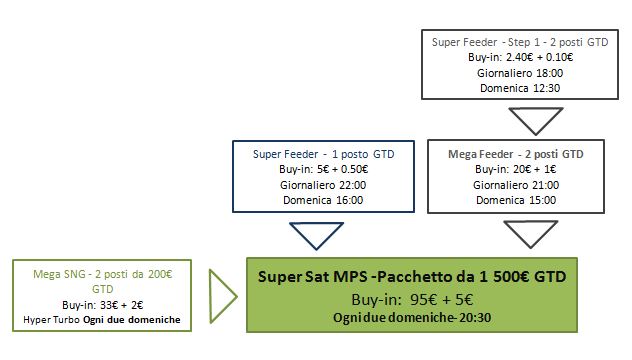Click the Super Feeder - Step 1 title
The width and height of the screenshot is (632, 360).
(x=520, y=42)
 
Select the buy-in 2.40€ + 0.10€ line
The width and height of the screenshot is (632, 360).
(x=520, y=57)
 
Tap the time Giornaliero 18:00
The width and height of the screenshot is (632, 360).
(x=520, y=73)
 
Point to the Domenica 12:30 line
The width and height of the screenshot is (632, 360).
(x=520, y=88)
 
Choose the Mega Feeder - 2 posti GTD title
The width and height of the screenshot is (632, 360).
(x=516, y=154)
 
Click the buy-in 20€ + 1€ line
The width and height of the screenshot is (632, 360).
(x=516, y=169)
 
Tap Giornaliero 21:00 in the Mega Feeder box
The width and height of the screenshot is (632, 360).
(x=516, y=185)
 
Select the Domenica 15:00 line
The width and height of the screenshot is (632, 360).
(x=516, y=200)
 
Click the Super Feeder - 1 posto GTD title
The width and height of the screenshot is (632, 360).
(x=323, y=154)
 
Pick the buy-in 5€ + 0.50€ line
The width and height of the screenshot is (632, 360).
(x=323, y=169)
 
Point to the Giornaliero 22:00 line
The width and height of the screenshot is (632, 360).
(x=323, y=185)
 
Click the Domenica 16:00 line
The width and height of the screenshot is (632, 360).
(x=323, y=200)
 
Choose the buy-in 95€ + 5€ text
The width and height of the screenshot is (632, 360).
(x=412, y=300)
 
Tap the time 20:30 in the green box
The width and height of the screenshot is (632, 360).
(x=475, y=318)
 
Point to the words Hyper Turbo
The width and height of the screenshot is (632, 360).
(x=51, y=320)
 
